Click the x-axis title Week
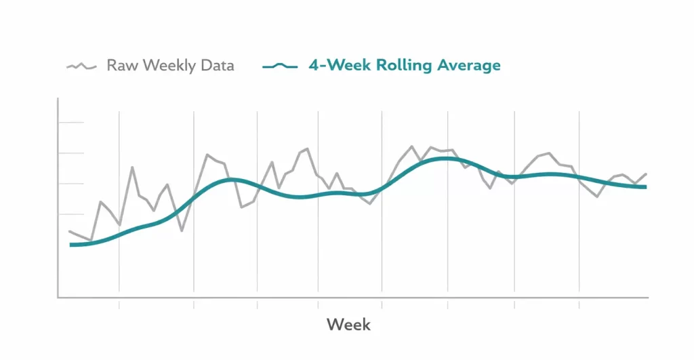click(x=348, y=324)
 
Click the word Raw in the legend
click(x=121, y=66)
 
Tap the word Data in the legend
click(x=217, y=66)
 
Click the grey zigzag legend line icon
click(x=81, y=66)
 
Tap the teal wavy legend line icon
click(x=279, y=66)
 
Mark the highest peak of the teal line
click(x=445, y=158)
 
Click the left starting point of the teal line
click(x=70, y=245)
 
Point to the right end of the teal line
click(x=646, y=186)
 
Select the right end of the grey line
click(x=647, y=174)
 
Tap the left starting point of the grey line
click(x=70, y=231)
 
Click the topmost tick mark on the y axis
click(x=71, y=123)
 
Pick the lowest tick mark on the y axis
click(x=71, y=214)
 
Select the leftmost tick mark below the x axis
click(x=119, y=304)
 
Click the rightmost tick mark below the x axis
click(x=579, y=304)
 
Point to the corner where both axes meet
click(x=58, y=297)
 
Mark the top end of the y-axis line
click(x=58, y=99)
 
